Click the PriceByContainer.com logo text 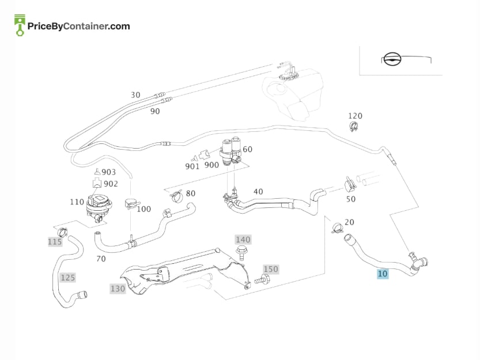(x=79, y=26)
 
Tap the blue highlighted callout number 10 (x=383, y=274)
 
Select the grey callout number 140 (x=243, y=240)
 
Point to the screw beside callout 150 (x=262, y=279)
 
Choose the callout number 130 (x=118, y=289)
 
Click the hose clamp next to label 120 (x=354, y=126)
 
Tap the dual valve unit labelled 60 (x=230, y=151)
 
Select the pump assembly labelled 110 (x=99, y=206)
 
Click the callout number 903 (x=109, y=172)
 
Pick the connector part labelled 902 (x=97, y=183)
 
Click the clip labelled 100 (x=131, y=203)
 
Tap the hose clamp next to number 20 (x=337, y=228)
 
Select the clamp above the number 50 (x=350, y=184)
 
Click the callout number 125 (x=67, y=278)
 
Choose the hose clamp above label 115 (x=63, y=232)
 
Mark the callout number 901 (x=192, y=166)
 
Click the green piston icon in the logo (x=20, y=25)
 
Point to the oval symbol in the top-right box (x=392, y=59)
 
